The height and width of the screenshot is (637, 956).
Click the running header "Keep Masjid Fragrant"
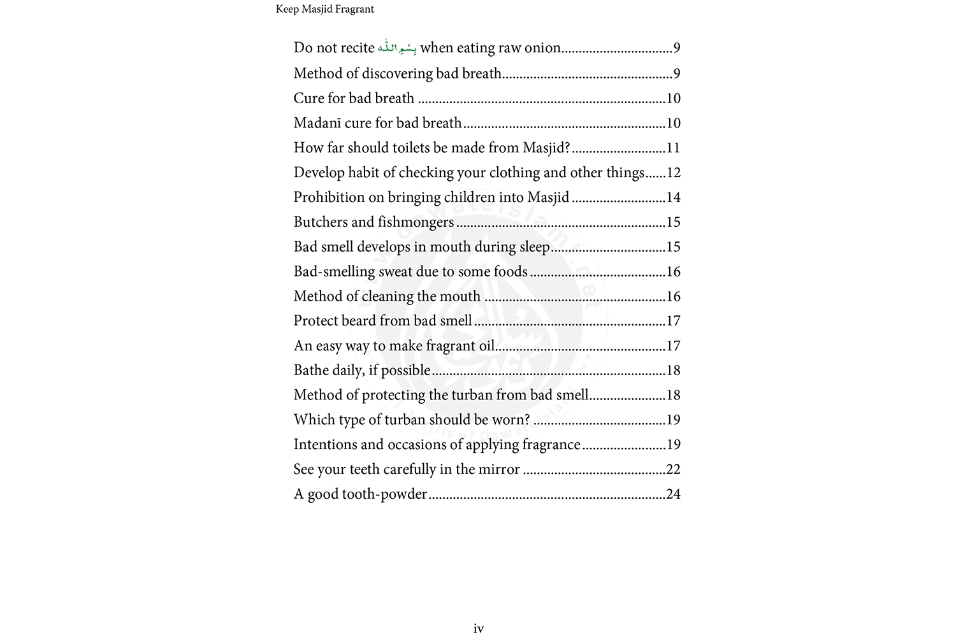point(324,9)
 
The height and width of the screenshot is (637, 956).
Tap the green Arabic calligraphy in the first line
point(397,48)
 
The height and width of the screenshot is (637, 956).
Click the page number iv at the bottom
point(479,629)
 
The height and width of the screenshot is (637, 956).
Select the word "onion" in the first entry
point(543,48)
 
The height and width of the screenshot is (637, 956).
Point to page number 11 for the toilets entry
point(673,148)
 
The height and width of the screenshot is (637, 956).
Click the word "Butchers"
point(320,222)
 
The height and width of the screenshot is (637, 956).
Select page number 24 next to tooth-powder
point(673,494)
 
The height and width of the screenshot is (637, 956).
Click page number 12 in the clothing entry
point(673,173)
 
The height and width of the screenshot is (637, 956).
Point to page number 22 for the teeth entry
point(673,469)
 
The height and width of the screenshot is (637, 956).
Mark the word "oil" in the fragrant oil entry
point(486,346)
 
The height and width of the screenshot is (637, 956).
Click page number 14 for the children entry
point(673,197)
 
